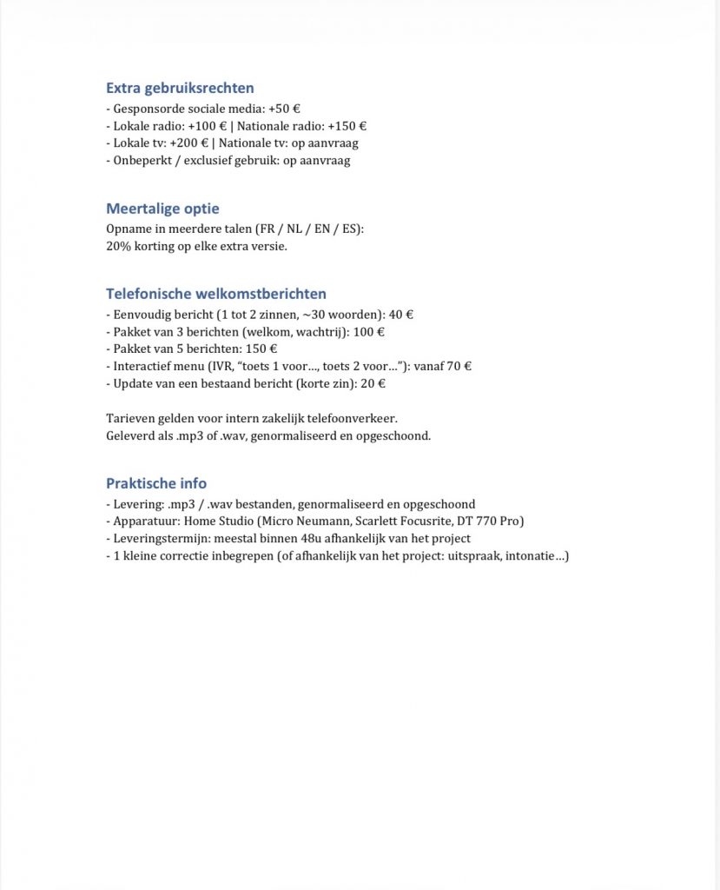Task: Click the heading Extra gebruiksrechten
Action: (180, 88)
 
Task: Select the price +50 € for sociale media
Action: (285, 110)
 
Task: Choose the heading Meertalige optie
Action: (162, 209)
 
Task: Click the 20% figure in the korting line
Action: (117, 246)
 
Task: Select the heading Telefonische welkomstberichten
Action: (216, 294)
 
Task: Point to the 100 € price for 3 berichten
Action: (369, 332)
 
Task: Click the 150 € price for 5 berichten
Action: (261, 349)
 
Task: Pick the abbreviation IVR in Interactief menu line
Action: (237, 366)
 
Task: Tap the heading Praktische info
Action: (156, 483)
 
